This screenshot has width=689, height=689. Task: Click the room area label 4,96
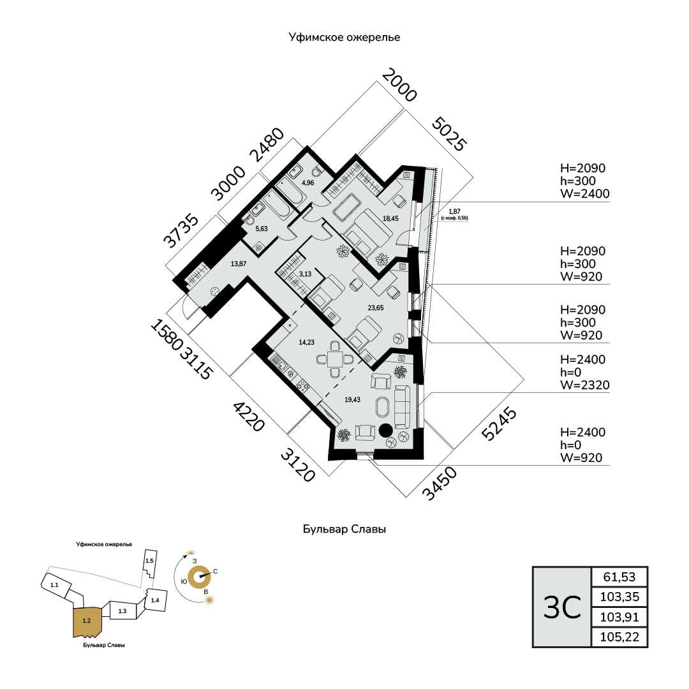307,183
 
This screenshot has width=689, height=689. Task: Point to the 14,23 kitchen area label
307,342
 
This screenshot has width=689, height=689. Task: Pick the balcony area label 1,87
454,211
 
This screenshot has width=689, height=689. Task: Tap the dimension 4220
248,416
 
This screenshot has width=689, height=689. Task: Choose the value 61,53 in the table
619,577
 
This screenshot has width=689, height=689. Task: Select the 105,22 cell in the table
619,637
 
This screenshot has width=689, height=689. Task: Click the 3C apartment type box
562,607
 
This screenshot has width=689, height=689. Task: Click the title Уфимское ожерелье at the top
344,38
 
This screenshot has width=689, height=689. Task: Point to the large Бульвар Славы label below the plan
344,530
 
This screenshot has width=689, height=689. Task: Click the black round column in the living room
385,430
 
